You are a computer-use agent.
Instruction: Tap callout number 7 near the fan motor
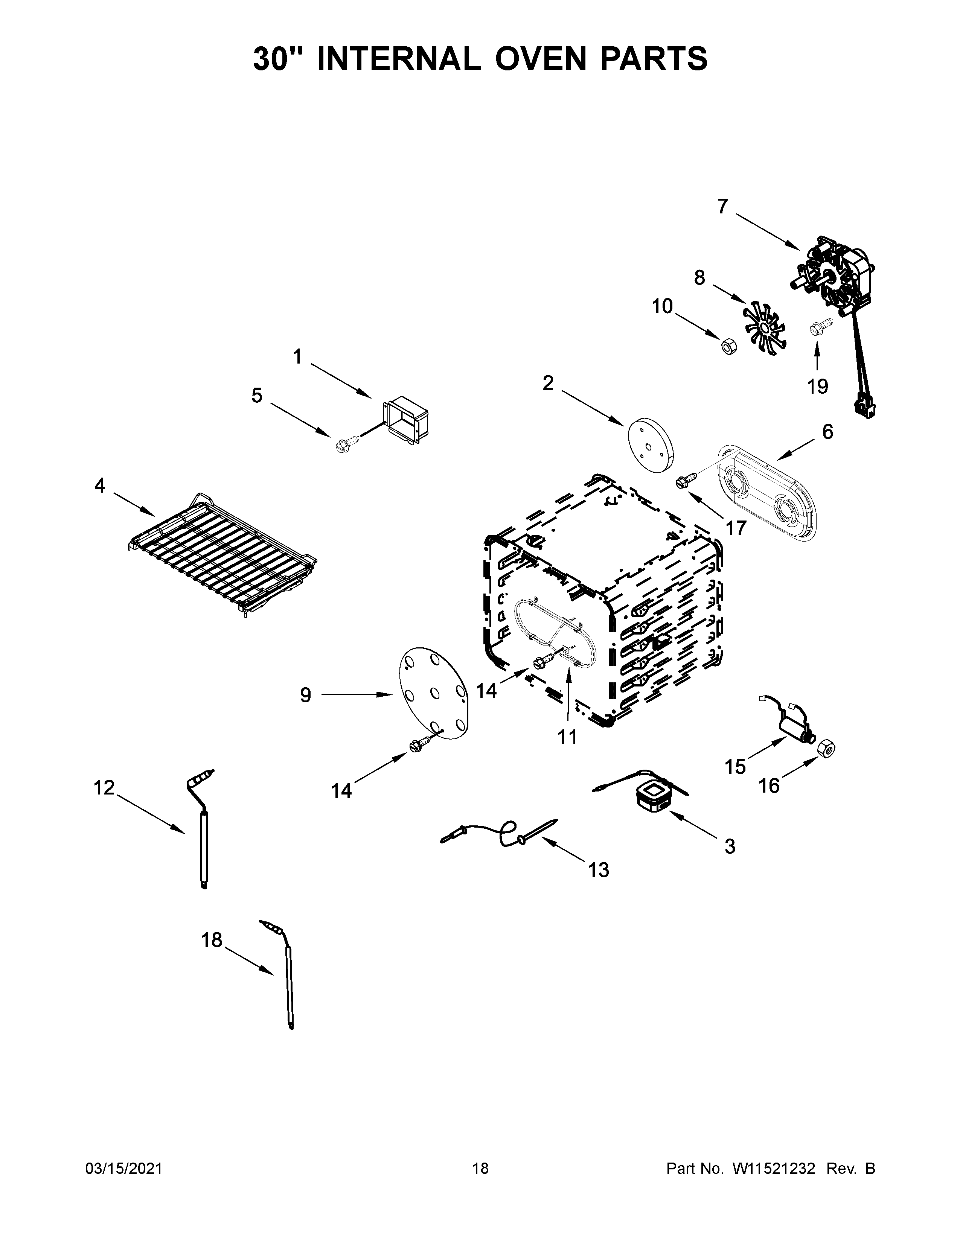[722, 206]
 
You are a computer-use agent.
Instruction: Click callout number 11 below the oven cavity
[567, 737]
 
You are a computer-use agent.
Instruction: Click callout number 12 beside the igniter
[104, 788]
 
